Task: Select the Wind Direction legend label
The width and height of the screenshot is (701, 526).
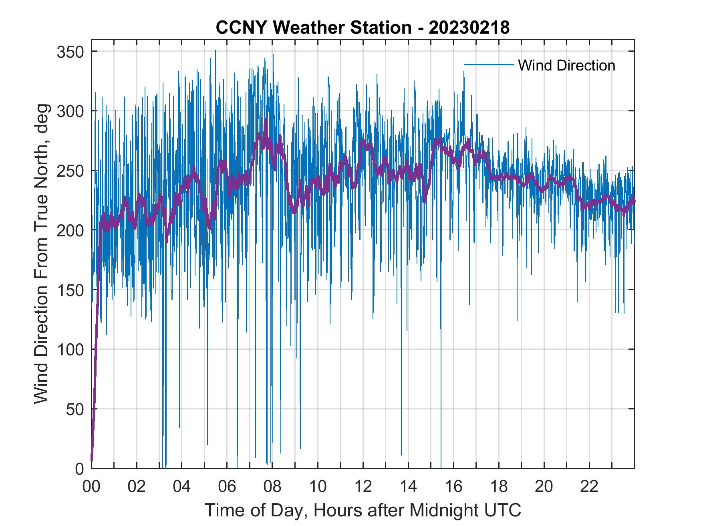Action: [x=566, y=65]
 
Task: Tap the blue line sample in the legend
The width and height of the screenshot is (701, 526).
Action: [x=489, y=65]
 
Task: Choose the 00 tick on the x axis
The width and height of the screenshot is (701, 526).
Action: [x=91, y=487]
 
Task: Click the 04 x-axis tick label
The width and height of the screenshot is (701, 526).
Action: [x=182, y=487]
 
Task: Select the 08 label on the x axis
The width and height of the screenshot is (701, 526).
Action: [x=272, y=487]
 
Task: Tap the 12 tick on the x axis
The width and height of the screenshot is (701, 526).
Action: [x=363, y=487]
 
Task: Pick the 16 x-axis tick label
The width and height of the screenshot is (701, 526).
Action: [x=453, y=487]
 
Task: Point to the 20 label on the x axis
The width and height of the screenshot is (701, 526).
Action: [x=544, y=487]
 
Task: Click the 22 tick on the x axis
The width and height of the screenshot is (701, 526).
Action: [x=589, y=487]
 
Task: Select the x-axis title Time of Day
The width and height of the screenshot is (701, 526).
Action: [x=363, y=510]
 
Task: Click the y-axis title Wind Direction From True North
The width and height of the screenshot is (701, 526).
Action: [x=41, y=254]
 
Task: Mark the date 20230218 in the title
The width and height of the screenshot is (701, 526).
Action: [x=469, y=28]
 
